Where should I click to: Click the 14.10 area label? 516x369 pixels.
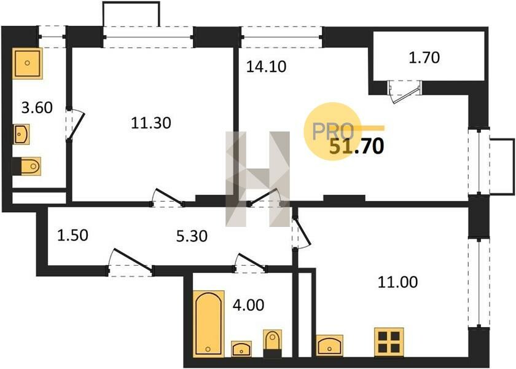266,66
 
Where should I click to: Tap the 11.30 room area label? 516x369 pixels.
151,123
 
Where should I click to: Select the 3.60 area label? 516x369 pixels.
37,108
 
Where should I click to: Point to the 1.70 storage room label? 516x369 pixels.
424,58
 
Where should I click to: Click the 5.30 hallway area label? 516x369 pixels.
192,236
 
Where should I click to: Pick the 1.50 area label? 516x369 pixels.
72,236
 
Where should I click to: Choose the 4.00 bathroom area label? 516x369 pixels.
248,305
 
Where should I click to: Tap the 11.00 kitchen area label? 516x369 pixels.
397,282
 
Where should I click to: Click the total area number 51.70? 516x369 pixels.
357,146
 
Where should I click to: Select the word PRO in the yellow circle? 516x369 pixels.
333,131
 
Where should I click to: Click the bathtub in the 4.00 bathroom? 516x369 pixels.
209,323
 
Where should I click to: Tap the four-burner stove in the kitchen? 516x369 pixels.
389,343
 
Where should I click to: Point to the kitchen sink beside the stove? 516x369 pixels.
329,345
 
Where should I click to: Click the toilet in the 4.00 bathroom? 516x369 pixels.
273,343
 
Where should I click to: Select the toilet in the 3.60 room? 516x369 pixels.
26,166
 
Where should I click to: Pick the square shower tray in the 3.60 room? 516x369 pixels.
28,63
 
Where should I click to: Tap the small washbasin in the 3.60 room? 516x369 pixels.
21,134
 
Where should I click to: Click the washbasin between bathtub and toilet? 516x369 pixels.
241,349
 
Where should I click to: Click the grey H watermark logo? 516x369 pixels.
257,179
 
